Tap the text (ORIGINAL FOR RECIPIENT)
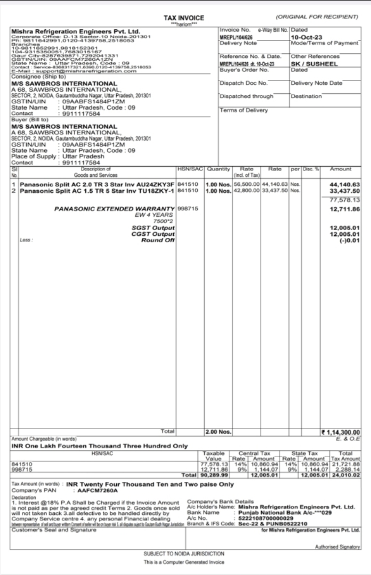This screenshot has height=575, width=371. (320, 18)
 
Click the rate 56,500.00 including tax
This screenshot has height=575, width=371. (246, 185)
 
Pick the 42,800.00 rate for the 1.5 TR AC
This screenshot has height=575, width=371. (246, 190)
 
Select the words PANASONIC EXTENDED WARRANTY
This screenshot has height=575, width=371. (114, 209)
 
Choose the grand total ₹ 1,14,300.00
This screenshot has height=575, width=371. (340, 432)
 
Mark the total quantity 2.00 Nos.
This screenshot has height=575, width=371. (218, 432)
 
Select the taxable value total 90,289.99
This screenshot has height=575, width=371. (211, 474)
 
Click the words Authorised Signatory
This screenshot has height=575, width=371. (337, 546)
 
